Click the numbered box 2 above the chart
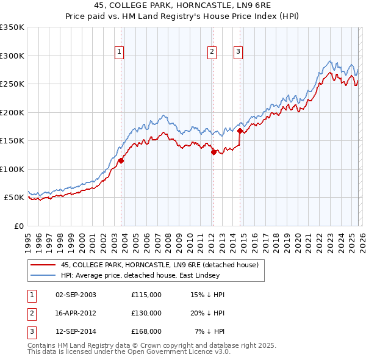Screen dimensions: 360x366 (212, 52)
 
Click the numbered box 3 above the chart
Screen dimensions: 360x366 (237, 52)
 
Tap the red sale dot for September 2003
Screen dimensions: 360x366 (121, 161)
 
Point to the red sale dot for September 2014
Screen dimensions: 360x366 (240, 131)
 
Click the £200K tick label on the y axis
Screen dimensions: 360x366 (12, 112)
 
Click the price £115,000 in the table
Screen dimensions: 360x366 (146, 294)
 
